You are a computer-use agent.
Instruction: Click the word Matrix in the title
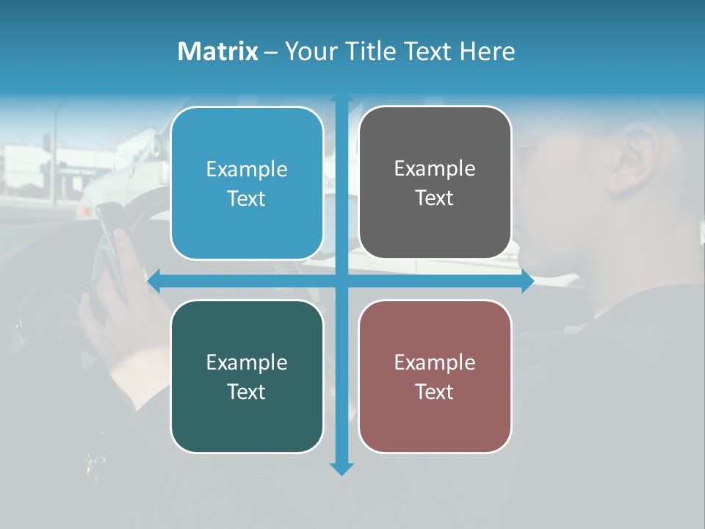(217, 51)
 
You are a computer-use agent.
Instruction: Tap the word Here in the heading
(487, 51)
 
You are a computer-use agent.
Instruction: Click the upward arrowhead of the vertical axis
(341, 98)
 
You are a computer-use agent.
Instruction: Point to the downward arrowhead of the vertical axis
(341, 469)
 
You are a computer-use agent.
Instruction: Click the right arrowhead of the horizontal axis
(527, 281)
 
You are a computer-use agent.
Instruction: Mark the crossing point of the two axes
(341, 281)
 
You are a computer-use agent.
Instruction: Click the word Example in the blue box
(247, 170)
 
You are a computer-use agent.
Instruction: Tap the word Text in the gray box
(435, 198)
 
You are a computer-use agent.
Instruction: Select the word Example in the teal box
(247, 362)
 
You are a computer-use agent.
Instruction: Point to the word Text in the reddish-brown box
(435, 392)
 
